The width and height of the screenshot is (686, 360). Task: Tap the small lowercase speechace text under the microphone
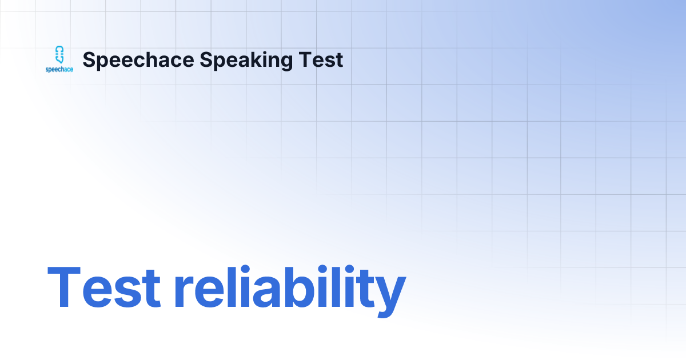(x=59, y=70)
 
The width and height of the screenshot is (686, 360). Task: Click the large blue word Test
(x=104, y=289)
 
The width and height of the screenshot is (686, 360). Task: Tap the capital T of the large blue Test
(x=65, y=289)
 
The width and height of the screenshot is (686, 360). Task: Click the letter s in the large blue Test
(x=120, y=294)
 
